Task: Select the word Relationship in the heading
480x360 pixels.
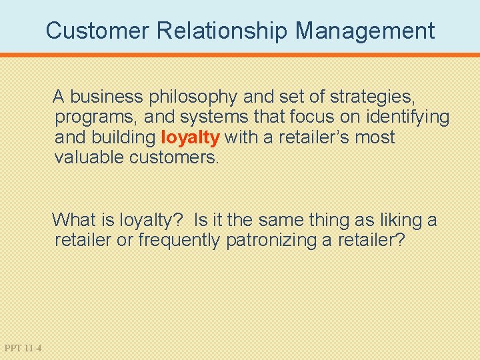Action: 213,31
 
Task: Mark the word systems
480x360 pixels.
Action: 207,118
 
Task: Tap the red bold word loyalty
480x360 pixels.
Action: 190,138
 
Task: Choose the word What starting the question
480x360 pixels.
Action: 73,219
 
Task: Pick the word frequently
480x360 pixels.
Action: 178,240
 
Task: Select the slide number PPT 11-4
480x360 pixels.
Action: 23,348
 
